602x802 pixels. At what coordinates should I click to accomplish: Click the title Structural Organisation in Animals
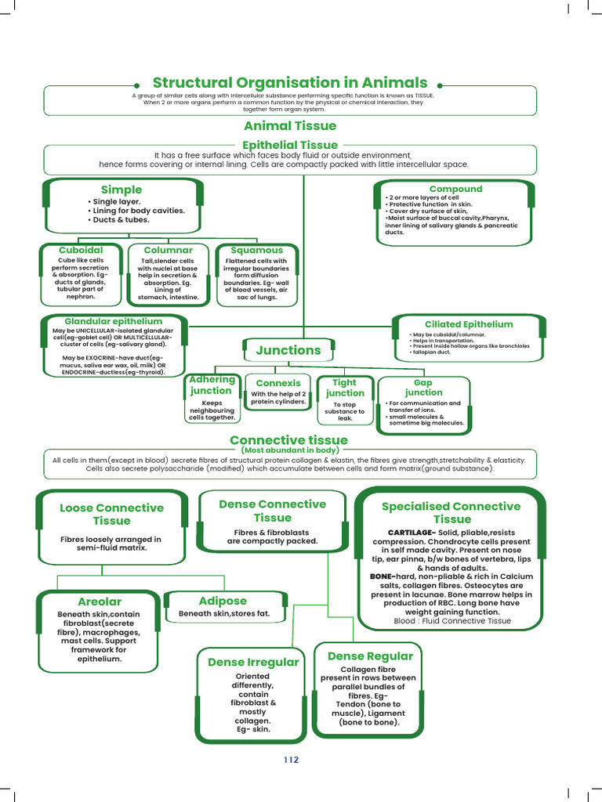(x=290, y=83)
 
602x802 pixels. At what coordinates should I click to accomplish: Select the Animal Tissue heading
(x=290, y=126)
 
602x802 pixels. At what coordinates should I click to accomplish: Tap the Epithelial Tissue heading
(x=290, y=145)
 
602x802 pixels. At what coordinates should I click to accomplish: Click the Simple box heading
(x=121, y=190)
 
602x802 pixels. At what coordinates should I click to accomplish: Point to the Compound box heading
(x=455, y=189)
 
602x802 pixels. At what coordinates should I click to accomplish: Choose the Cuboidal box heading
(x=82, y=250)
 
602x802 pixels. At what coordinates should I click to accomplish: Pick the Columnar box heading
(x=168, y=250)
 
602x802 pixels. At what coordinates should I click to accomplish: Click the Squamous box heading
(x=256, y=250)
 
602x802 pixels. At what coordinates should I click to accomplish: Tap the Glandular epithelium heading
(x=113, y=321)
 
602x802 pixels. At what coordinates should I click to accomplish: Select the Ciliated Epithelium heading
(x=469, y=324)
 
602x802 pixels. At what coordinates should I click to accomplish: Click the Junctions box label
(x=288, y=351)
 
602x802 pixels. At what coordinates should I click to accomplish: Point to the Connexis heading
(x=278, y=384)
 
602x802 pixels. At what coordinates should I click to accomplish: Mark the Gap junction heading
(x=423, y=388)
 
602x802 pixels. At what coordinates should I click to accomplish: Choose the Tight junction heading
(x=345, y=388)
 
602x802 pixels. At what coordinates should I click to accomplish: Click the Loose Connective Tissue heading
(x=111, y=514)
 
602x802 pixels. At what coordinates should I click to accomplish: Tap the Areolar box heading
(x=100, y=601)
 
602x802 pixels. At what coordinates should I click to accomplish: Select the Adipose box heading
(x=223, y=601)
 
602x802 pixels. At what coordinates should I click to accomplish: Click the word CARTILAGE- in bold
(x=406, y=533)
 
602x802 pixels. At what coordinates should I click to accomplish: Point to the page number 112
(x=291, y=760)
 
